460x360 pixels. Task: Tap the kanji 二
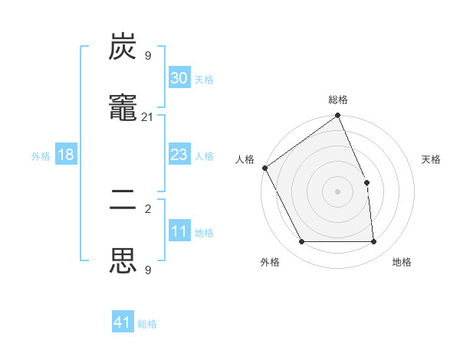pyautogui.click(x=123, y=207)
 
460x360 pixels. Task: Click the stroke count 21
pyautogui.click(x=148, y=116)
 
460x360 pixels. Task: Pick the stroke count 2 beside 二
pyautogui.click(x=148, y=208)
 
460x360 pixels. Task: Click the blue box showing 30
pyautogui.click(x=179, y=78)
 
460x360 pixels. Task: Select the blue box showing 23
pyautogui.click(x=179, y=155)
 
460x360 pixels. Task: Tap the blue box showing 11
pyautogui.click(x=179, y=231)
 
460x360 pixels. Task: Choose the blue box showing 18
pyautogui.click(x=66, y=155)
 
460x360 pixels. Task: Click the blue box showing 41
pyautogui.click(x=123, y=322)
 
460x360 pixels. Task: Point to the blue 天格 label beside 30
pyautogui.click(x=204, y=80)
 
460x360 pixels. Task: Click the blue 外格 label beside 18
pyautogui.click(x=41, y=156)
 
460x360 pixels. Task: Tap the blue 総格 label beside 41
pyautogui.click(x=147, y=324)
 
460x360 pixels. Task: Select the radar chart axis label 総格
pyautogui.click(x=338, y=100)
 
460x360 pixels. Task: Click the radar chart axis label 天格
pyautogui.click(x=431, y=159)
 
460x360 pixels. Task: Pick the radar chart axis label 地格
pyautogui.click(x=402, y=262)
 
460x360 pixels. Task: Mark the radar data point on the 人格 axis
pyautogui.click(x=264, y=168)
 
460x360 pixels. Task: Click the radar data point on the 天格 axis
pyautogui.click(x=366, y=182)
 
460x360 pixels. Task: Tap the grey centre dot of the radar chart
pyautogui.click(x=338, y=191)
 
